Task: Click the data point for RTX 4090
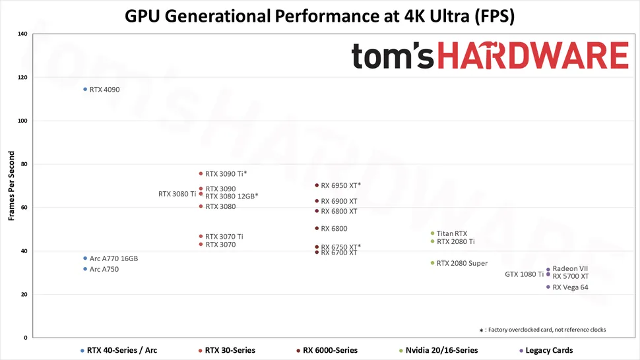coord(85,89)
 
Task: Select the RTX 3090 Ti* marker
coord(201,173)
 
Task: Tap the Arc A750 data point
coord(85,269)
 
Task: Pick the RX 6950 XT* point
coord(317,185)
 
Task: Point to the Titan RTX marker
coord(432,233)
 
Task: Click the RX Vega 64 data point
coord(548,287)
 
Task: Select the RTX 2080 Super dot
coord(432,263)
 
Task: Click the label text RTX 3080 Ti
coord(177,194)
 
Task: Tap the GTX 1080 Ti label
coord(524,274)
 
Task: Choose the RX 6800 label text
coord(334,229)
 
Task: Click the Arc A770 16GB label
coord(113,258)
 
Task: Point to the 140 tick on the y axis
coord(22,34)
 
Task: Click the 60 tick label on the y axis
coord(24,208)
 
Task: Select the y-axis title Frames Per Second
coord(11,185)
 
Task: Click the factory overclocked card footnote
coord(542,330)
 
